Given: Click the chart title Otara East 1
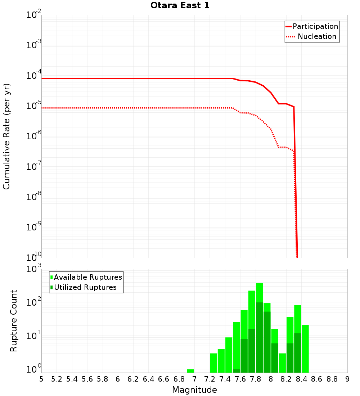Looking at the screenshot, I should tap(180, 6).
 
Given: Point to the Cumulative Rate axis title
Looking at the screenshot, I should tap(6, 136).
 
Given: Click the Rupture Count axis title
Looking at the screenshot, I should tap(14, 321).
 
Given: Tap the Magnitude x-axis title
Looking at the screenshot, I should tap(194, 390).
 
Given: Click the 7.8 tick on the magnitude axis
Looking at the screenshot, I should tap(256, 379).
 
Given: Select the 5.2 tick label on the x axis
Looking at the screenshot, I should tap(57, 379).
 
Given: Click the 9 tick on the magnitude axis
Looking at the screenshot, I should tap(347, 379).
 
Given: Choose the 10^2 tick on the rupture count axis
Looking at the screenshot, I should tap(34, 302).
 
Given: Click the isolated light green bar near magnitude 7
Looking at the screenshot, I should tap(190, 371).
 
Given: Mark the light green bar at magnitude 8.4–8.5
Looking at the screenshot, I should tap(305, 348).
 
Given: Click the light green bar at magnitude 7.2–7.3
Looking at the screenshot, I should tap(213, 363).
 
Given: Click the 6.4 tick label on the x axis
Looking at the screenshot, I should tap(148, 379).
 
